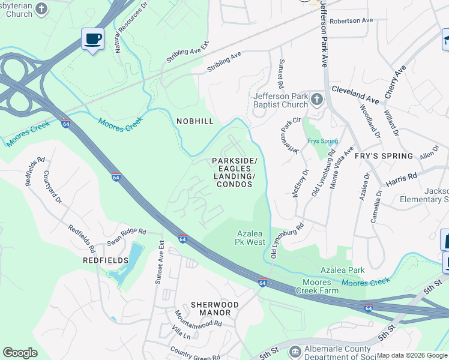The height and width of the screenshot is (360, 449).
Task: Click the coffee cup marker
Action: pos(92,40)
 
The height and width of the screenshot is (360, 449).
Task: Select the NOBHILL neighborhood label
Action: pos(195,121)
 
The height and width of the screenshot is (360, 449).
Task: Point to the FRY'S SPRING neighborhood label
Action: pos(384,156)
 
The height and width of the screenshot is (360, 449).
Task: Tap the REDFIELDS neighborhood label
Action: pos(106,260)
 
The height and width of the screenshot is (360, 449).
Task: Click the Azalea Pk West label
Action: pos(250,238)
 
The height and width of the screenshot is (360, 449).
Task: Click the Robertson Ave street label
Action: pos(351,20)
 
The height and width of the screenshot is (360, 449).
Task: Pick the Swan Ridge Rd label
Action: pos(126,231)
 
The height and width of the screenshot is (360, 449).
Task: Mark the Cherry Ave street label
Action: pos(396,82)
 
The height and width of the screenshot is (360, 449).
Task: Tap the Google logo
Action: pos(20,353)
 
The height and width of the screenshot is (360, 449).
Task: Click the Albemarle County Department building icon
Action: pos(294,350)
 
